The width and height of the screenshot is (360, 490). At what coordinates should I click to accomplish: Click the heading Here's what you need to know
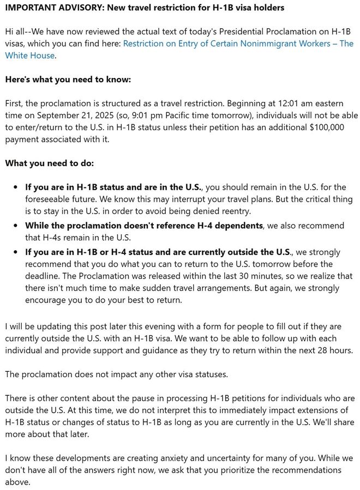point(68,79)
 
